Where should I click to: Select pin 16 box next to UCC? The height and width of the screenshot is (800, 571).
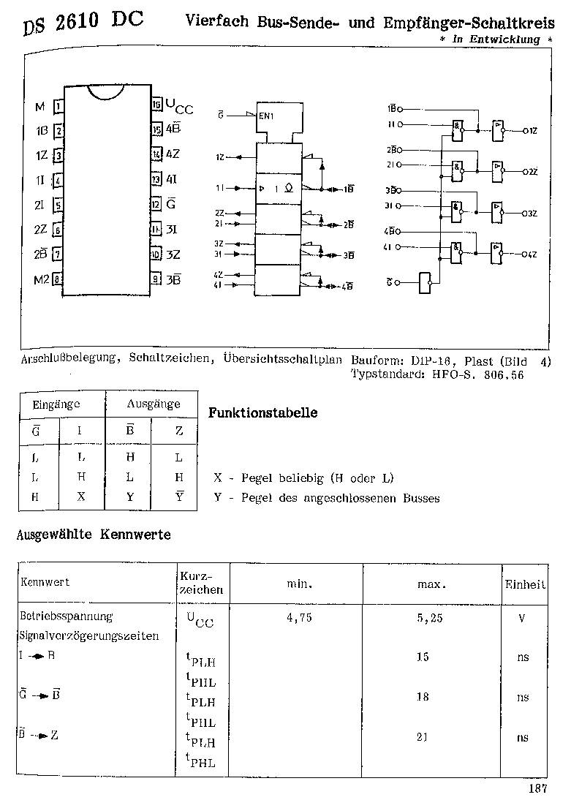point(156,105)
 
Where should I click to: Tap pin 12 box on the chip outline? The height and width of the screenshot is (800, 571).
point(156,204)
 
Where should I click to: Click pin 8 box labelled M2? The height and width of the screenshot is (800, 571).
point(57,279)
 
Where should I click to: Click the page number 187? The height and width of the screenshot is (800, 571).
point(537,788)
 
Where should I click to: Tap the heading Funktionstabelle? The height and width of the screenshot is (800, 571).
point(263,412)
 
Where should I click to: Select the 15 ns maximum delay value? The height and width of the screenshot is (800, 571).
point(423,657)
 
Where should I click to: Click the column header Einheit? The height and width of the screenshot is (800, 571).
point(525,584)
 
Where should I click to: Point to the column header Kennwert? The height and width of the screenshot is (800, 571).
point(45,582)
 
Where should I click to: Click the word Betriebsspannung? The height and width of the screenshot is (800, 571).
point(66,616)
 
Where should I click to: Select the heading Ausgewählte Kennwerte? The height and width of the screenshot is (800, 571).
point(94,535)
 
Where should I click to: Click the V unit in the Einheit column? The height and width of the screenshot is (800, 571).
point(522,618)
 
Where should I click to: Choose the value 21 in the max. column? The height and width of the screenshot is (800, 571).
point(423,737)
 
